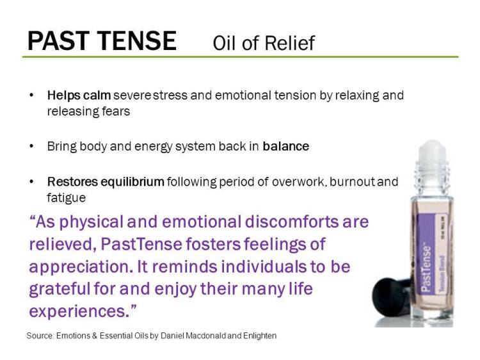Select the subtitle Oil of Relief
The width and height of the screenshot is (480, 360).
[x=264, y=43]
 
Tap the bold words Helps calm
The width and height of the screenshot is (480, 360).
[x=79, y=95]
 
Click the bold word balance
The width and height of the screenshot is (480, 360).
[x=285, y=146]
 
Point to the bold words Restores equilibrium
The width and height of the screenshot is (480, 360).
[x=106, y=183]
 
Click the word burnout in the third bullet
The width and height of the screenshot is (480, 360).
[x=353, y=183]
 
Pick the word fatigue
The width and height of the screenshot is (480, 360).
[x=66, y=198]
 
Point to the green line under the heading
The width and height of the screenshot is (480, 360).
[x=240, y=57]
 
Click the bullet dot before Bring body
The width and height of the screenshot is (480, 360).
[x=32, y=146]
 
